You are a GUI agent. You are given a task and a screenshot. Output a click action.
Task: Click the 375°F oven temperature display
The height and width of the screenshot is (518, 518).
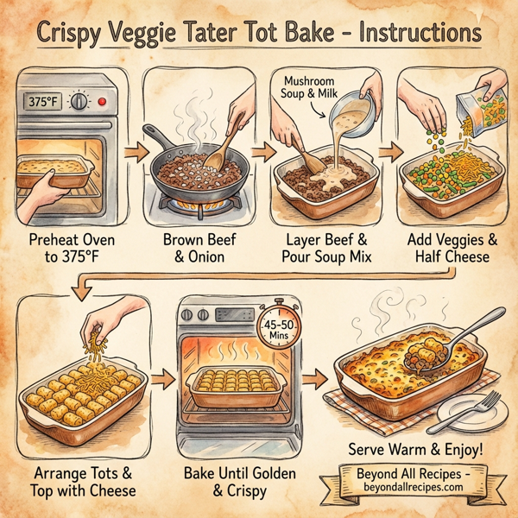[x=44, y=103]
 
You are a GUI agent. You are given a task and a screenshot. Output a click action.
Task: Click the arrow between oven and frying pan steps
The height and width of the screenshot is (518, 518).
[x=131, y=153]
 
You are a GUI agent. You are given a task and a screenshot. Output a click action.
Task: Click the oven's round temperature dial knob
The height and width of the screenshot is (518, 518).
[x=80, y=102]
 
